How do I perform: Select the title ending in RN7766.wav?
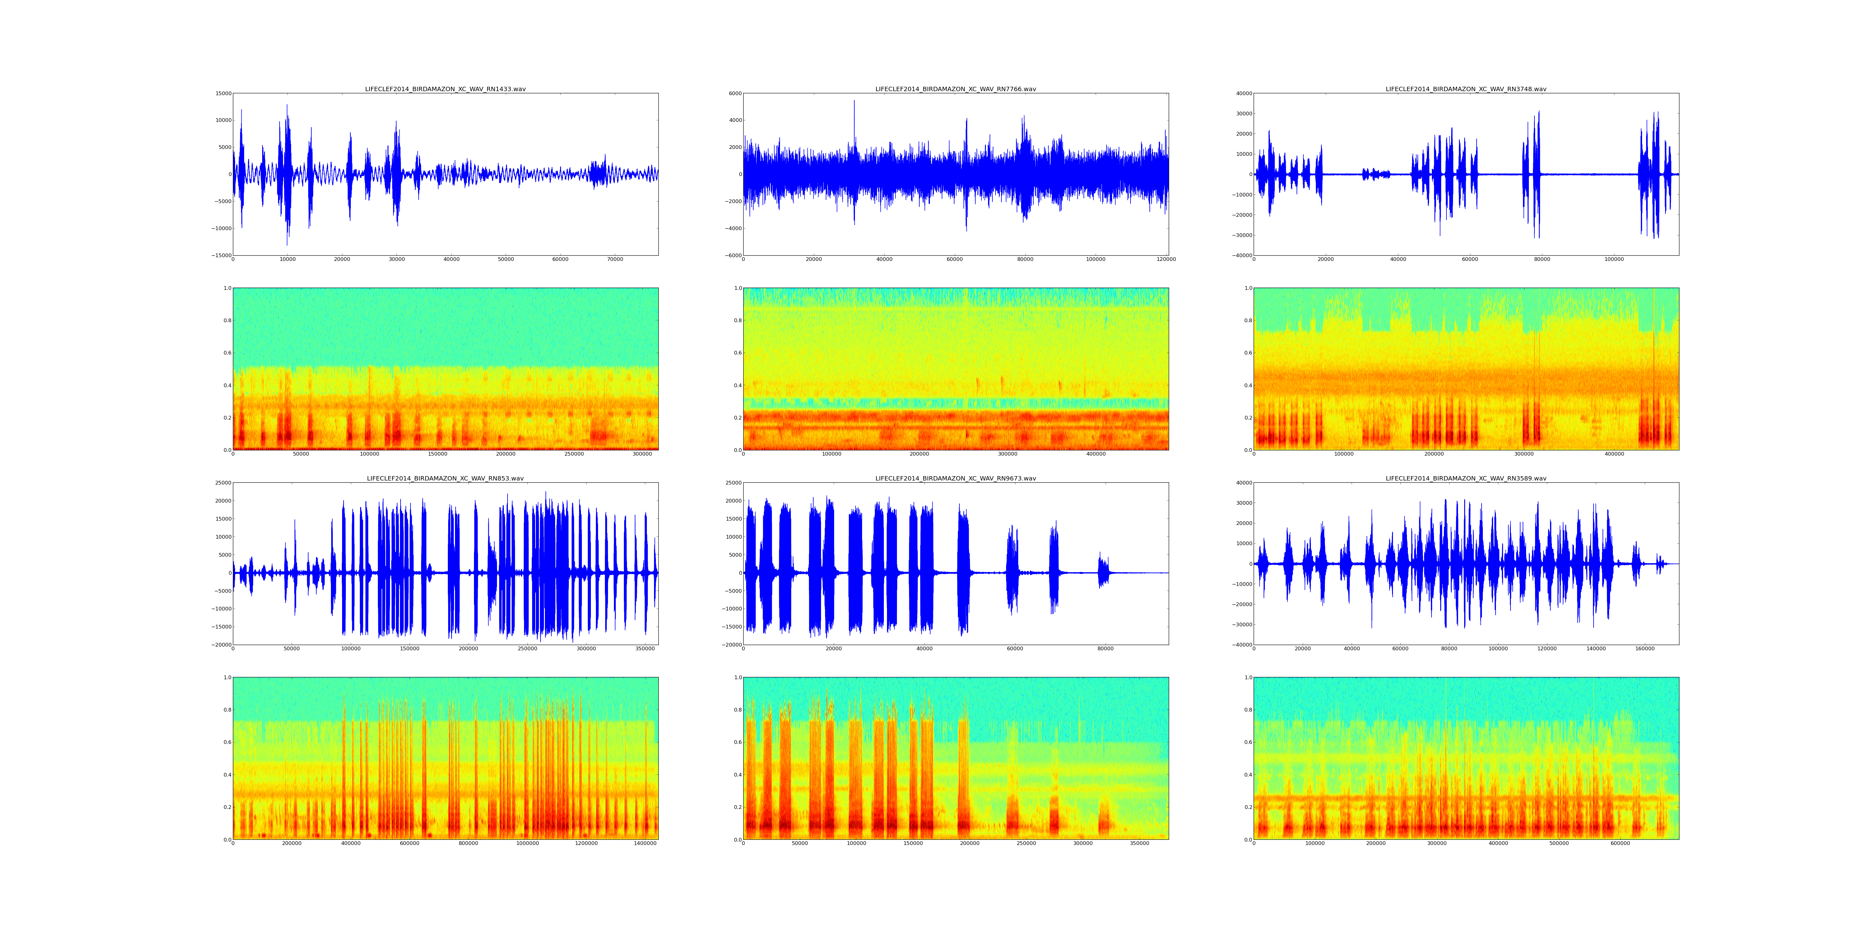pyautogui.click(x=955, y=89)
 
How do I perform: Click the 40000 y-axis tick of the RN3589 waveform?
pyautogui.click(x=1243, y=483)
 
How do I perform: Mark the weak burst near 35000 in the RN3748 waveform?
pyautogui.click(x=1376, y=174)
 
